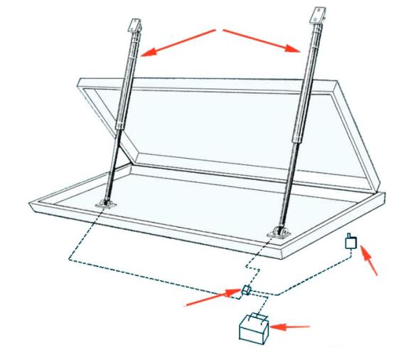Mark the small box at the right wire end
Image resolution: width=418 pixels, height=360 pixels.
(349, 242)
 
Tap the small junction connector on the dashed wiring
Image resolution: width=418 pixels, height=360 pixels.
(245, 289)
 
